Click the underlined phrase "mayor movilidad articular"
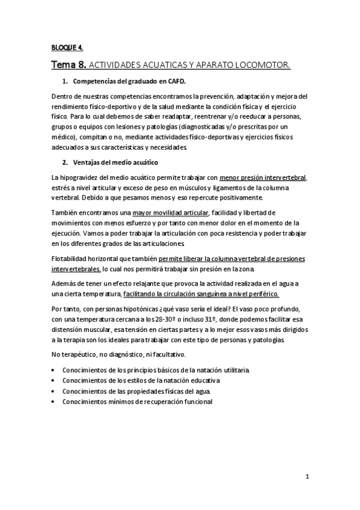point(170,212)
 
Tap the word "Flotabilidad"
point(73,259)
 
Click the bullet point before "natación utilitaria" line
point(54,369)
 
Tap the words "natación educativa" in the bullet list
point(193,381)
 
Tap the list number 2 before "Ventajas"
point(65,162)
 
